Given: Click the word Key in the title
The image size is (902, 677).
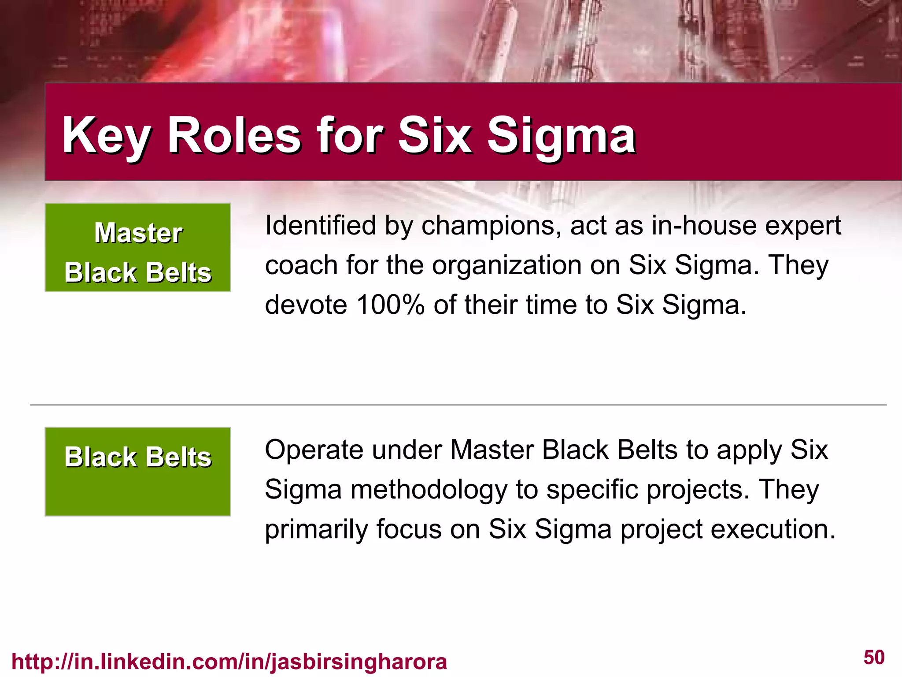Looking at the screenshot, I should click(x=107, y=135).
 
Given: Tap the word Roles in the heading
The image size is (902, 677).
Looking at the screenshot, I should click(x=234, y=135).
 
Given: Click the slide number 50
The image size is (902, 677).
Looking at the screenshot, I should click(x=874, y=657).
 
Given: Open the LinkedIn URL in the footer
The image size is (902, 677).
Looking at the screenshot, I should click(x=229, y=662).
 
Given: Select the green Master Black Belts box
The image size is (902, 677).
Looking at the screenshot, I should click(x=138, y=247).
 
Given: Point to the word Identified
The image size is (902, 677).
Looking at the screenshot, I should click(x=320, y=226).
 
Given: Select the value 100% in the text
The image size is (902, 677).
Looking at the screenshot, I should click(x=390, y=305).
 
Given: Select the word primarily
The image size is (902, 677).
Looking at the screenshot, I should click(x=316, y=529).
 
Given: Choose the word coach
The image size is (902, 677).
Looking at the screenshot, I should click(x=301, y=265).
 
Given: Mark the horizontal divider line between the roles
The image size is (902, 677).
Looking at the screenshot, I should click(x=458, y=405).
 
